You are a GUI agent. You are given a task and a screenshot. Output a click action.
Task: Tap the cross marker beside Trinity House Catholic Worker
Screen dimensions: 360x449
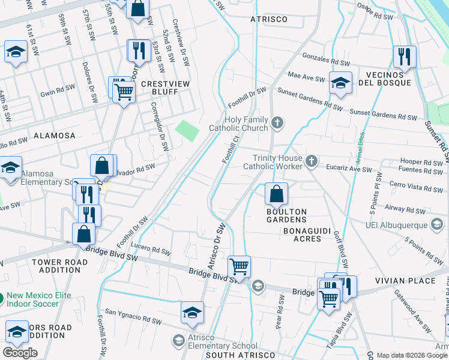coord(310,160)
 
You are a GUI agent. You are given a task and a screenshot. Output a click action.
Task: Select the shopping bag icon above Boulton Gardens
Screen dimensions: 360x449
coord(276,194)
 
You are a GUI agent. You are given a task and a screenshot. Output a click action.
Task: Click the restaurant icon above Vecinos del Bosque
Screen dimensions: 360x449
coord(405,56)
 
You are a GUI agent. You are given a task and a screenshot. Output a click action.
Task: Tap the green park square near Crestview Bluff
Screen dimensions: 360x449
coord(187,130)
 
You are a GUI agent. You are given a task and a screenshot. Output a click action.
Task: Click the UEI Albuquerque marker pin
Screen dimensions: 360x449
coord(437,224)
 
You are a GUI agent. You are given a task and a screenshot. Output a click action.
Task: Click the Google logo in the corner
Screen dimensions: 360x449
coord(20,353)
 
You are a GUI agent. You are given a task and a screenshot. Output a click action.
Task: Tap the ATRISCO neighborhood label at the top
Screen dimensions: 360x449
coord(268,19)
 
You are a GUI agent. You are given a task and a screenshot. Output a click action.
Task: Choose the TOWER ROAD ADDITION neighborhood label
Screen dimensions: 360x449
coord(55,266)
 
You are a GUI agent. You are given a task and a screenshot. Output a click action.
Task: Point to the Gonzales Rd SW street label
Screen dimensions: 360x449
coord(326,63)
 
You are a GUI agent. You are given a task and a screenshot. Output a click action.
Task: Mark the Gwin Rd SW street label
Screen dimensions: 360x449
coord(58,91)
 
